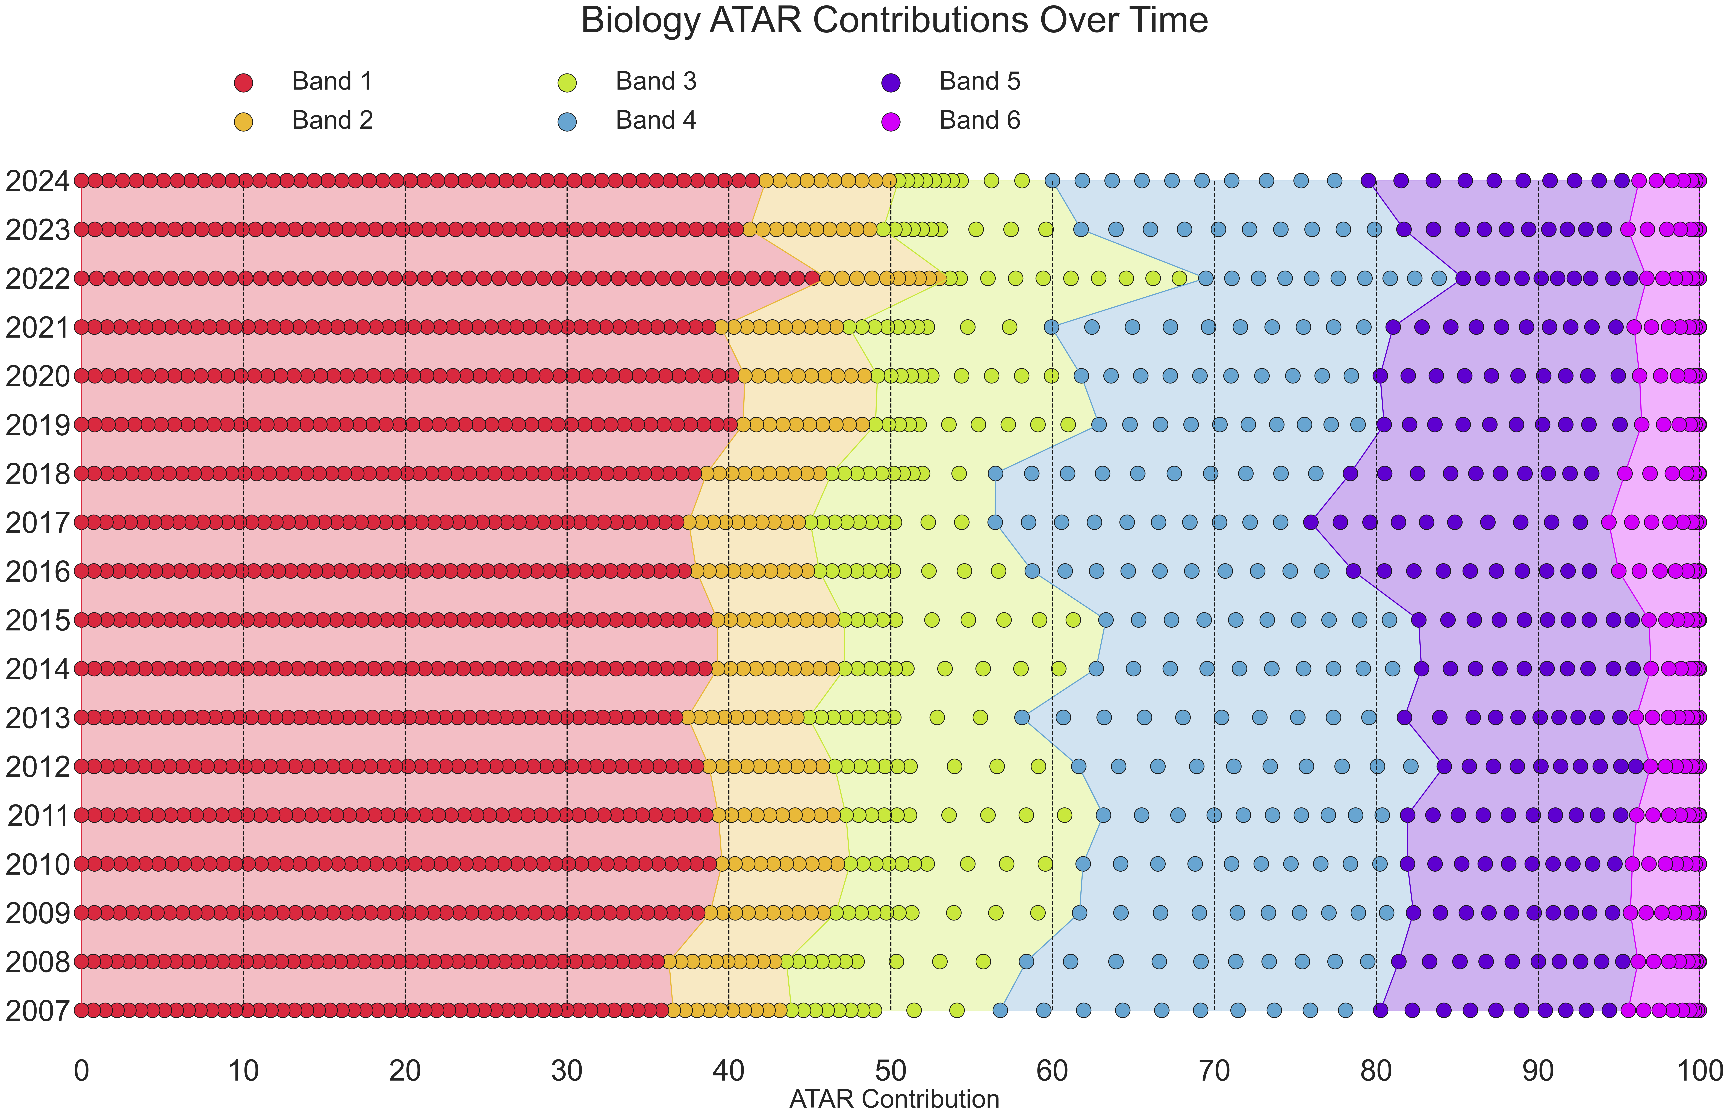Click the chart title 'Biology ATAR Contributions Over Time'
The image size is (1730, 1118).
coord(894,20)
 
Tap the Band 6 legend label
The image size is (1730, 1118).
coord(979,120)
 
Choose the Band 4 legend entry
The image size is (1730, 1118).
coord(656,120)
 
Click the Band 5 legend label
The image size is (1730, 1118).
coord(979,81)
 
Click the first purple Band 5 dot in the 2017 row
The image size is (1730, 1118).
coord(1310,522)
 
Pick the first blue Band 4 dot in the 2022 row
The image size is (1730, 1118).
coord(1205,278)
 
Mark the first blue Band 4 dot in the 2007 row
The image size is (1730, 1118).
coord(1000,1010)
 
